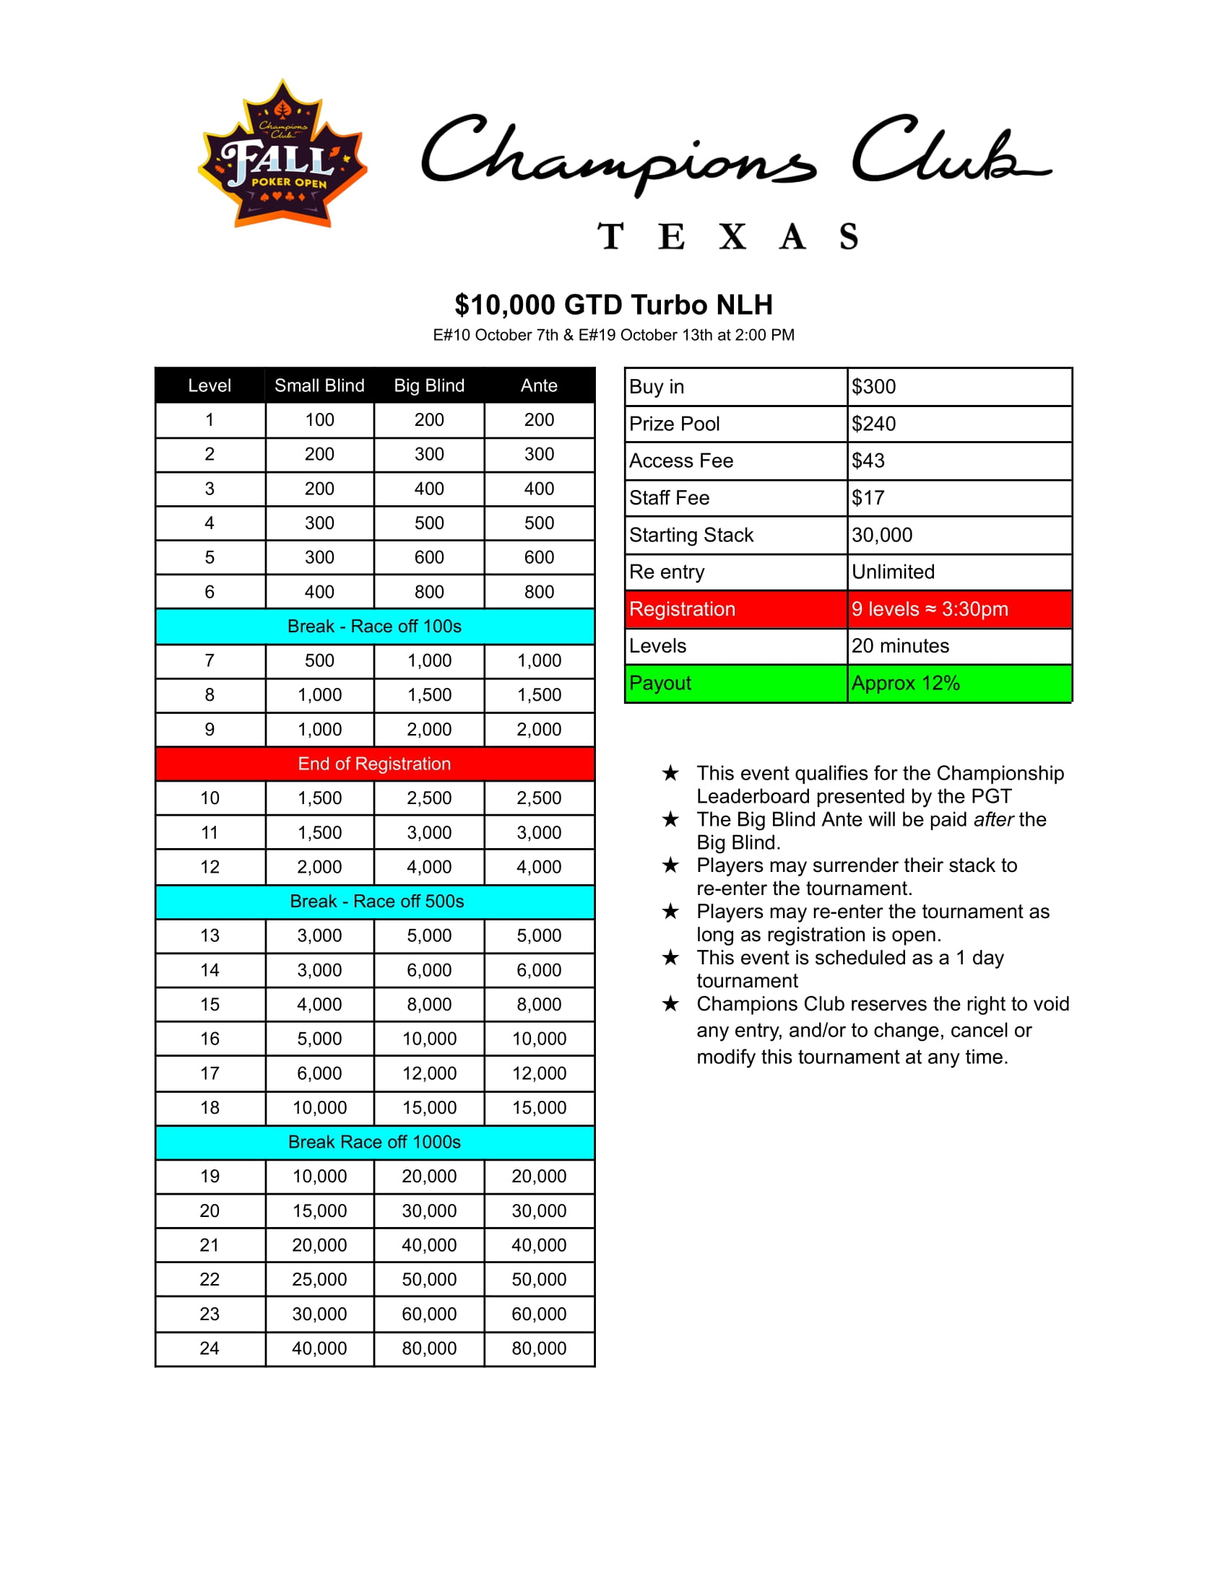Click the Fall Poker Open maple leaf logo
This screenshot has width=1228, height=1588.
pyautogui.click(x=282, y=154)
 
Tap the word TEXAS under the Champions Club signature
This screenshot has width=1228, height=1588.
pyautogui.click(x=727, y=237)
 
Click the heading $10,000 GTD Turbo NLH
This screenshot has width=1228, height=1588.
pyautogui.click(x=613, y=305)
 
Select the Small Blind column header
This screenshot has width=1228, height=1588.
pyautogui.click(x=319, y=385)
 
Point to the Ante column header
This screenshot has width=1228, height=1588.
pyautogui.click(x=538, y=385)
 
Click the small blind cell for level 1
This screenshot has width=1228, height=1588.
pyautogui.click(x=319, y=420)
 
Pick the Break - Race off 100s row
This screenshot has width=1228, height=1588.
pyautogui.click(x=375, y=626)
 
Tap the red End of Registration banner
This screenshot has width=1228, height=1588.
pyautogui.click(x=375, y=764)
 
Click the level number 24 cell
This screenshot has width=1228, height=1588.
pyautogui.click(x=209, y=1348)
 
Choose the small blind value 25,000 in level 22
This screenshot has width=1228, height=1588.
pyautogui.click(x=319, y=1279)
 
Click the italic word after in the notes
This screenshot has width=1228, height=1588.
pyautogui.click(x=993, y=819)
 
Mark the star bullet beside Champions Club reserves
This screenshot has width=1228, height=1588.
pyautogui.click(x=670, y=1004)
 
